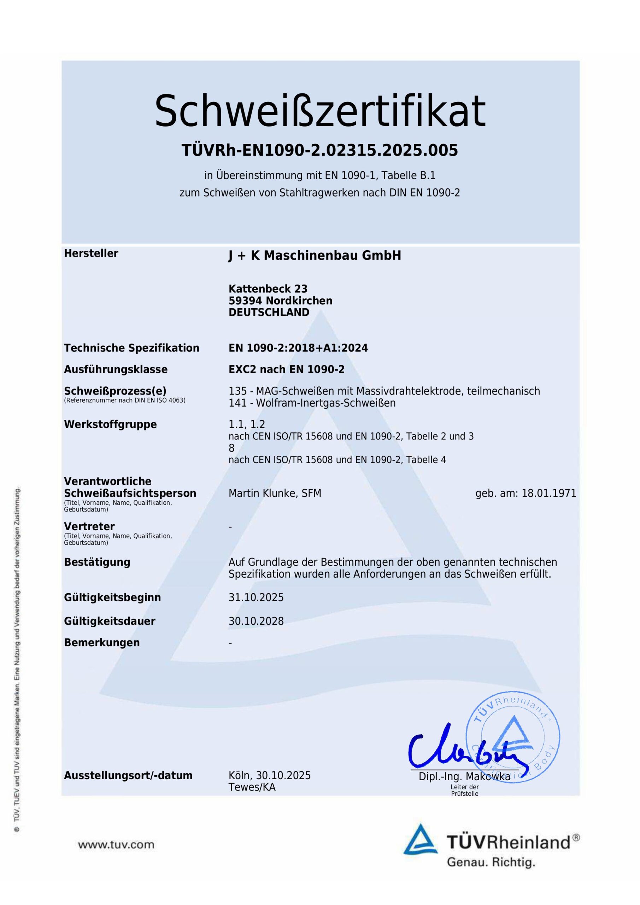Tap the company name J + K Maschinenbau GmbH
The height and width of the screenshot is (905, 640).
[315, 256]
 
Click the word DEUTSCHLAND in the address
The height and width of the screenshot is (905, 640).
[269, 312]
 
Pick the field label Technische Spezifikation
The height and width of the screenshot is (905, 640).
[131, 348]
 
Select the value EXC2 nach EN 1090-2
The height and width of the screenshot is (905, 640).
[287, 369]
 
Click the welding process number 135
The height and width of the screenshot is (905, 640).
[236, 391]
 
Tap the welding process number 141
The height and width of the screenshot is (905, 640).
[236, 403]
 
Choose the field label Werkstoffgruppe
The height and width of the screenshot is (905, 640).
[110, 425]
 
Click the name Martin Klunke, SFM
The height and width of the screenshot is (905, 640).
[275, 493]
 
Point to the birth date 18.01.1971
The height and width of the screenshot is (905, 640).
[548, 493]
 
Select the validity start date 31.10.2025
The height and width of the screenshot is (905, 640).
[256, 597]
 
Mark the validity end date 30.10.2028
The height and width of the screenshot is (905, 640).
[256, 621]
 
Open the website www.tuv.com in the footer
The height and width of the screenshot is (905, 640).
[116, 844]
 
